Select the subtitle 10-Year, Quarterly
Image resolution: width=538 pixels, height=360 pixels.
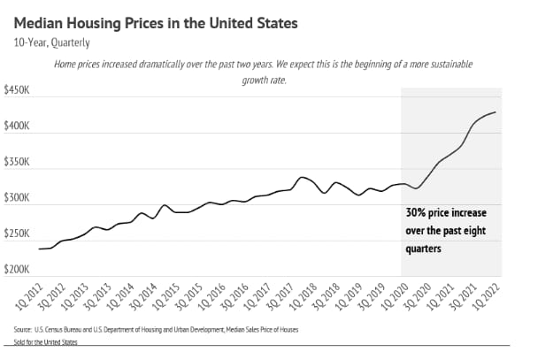click(x=51, y=42)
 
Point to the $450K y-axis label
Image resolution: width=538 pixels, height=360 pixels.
click(x=19, y=90)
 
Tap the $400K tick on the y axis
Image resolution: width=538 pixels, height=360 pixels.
click(x=19, y=127)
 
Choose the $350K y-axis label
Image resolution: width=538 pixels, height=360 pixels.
click(x=19, y=164)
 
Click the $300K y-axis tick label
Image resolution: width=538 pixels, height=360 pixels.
click(x=19, y=200)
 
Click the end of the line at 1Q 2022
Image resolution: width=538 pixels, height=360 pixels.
click(x=496, y=112)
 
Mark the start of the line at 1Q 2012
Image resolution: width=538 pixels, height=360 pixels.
click(x=40, y=249)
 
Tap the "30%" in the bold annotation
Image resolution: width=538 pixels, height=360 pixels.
click(x=418, y=213)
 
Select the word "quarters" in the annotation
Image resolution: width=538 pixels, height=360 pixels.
click(x=425, y=249)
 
